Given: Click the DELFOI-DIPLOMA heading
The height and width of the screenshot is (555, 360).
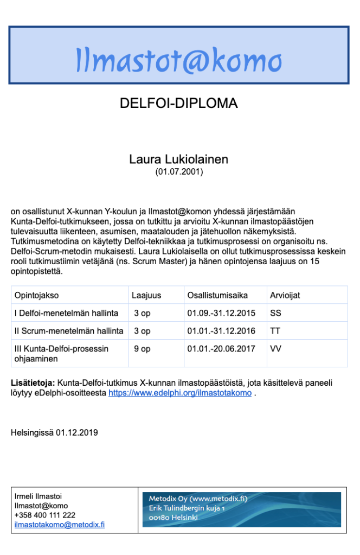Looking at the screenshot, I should coord(178,103).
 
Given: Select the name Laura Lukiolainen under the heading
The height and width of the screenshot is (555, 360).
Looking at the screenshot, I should coord(178,160).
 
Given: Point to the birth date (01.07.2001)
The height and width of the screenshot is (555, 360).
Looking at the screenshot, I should coord(178,172).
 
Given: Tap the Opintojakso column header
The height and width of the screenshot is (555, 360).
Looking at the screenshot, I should coord(37,296).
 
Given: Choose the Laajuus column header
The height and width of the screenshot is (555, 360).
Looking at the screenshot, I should coord(146,296).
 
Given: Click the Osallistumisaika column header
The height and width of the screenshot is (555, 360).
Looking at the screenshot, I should coord(217,296).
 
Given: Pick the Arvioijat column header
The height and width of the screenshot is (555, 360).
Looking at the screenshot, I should coord(285,296).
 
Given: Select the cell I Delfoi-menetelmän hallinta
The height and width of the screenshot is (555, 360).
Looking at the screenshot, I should coord(66,313).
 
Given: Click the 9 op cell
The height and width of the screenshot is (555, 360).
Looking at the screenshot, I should coord(143,349).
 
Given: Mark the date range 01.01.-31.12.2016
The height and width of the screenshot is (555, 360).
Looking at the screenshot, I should coord(222,331).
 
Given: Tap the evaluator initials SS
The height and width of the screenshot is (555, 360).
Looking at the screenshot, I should coord(275,313).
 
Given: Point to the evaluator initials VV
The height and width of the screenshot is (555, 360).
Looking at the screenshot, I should coord(275,349).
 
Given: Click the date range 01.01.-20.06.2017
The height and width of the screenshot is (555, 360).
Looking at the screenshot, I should coord(222,349).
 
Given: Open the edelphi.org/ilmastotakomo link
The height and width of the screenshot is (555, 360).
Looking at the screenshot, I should coord(180,393).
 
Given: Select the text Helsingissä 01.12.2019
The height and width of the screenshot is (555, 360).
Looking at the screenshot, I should coord(54,433).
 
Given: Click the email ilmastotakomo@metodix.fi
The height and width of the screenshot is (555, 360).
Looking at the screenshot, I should coord(60,525).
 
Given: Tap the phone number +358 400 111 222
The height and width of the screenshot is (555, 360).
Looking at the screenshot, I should coord(45,515).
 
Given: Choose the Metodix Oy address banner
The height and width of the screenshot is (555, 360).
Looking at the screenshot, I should coord(242,509).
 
